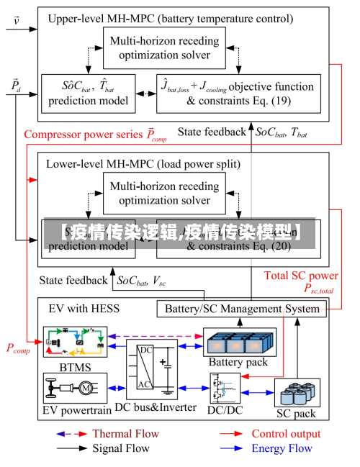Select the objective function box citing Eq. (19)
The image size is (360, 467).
coord(238,94)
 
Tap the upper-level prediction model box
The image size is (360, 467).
coord(88,94)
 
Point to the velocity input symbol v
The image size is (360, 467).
coord(17,19)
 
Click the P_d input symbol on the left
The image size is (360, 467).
coord(16,86)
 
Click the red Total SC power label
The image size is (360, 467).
coord(301,276)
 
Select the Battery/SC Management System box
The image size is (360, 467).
coord(242,309)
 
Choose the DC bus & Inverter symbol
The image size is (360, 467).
coord(151,370)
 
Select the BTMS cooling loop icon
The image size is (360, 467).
coord(74,342)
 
